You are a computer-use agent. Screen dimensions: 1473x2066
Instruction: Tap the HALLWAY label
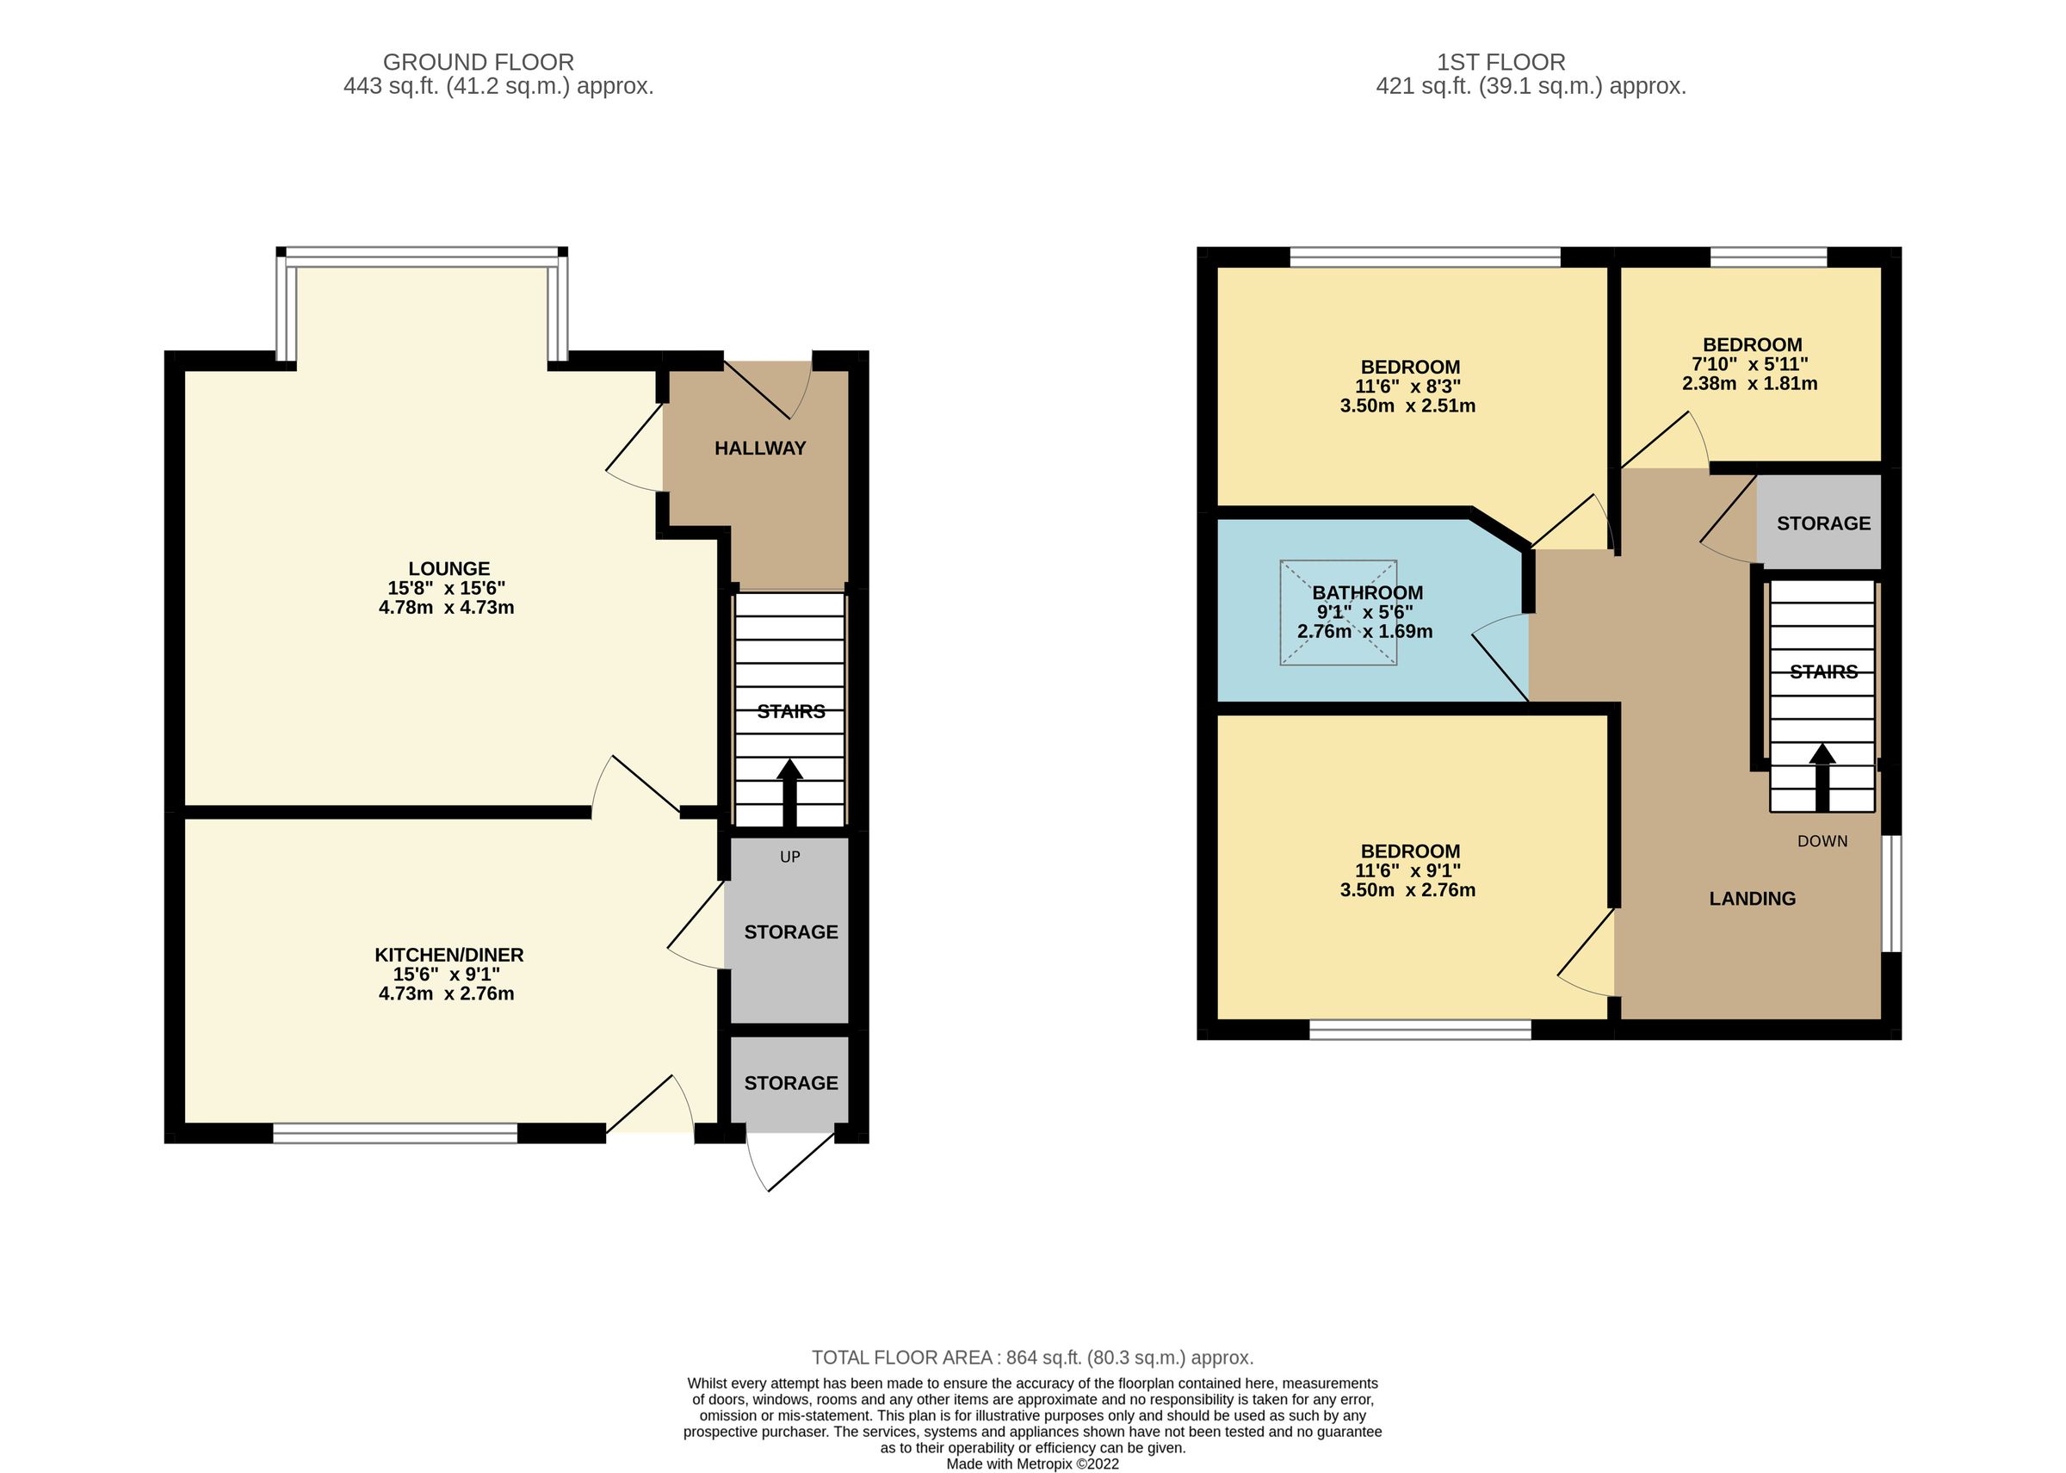(x=759, y=448)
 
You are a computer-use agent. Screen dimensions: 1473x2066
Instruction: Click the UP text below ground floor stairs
(x=789, y=857)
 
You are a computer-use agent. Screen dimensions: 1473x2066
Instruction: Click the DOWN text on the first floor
(x=1822, y=842)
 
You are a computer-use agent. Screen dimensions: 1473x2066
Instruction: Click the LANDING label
(x=1751, y=899)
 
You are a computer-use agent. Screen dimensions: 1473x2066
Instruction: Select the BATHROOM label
(x=1367, y=593)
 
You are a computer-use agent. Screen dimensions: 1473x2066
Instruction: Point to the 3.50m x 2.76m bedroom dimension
(x=1407, y=891)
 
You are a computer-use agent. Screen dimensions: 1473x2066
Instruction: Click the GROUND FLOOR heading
(x=478, y=63)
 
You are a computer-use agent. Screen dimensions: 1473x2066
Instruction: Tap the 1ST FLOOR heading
(x=1500, y=63)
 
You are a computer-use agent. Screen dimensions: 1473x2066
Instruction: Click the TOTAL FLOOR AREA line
(x=1031, y=1358)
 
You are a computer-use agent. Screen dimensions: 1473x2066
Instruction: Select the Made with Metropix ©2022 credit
(x=1032, y=1464)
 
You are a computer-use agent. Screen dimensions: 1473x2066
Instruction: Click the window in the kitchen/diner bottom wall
(x=394, y=1133)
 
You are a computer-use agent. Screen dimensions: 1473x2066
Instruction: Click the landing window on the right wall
(x=1891, y=894)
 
